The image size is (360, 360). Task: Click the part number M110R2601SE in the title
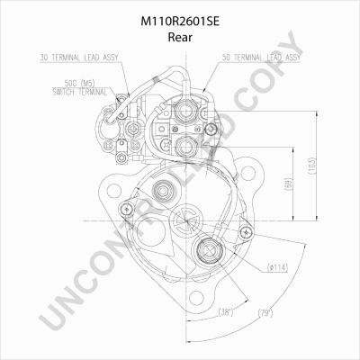(180, 22)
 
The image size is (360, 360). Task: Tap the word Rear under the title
(180, 37)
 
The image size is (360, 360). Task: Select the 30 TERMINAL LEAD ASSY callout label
(79, 58)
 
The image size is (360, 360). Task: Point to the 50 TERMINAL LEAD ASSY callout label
(261, 58)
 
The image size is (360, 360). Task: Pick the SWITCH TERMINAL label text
(79, 92)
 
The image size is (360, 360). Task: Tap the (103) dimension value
(312, 166)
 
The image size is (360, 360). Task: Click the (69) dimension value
(288, 184)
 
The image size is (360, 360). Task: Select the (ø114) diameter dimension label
(277, 267)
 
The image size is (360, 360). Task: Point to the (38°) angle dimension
(226, 312)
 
